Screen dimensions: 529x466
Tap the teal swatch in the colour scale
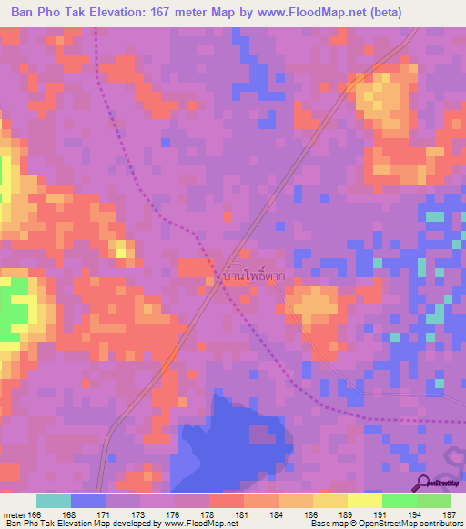(x=54, y=501)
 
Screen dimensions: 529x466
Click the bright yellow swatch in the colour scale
(x=364, y=501)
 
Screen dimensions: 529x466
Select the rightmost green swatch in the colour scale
(x=433, y=501)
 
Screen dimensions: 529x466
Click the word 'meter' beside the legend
(x=14, y=515)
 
